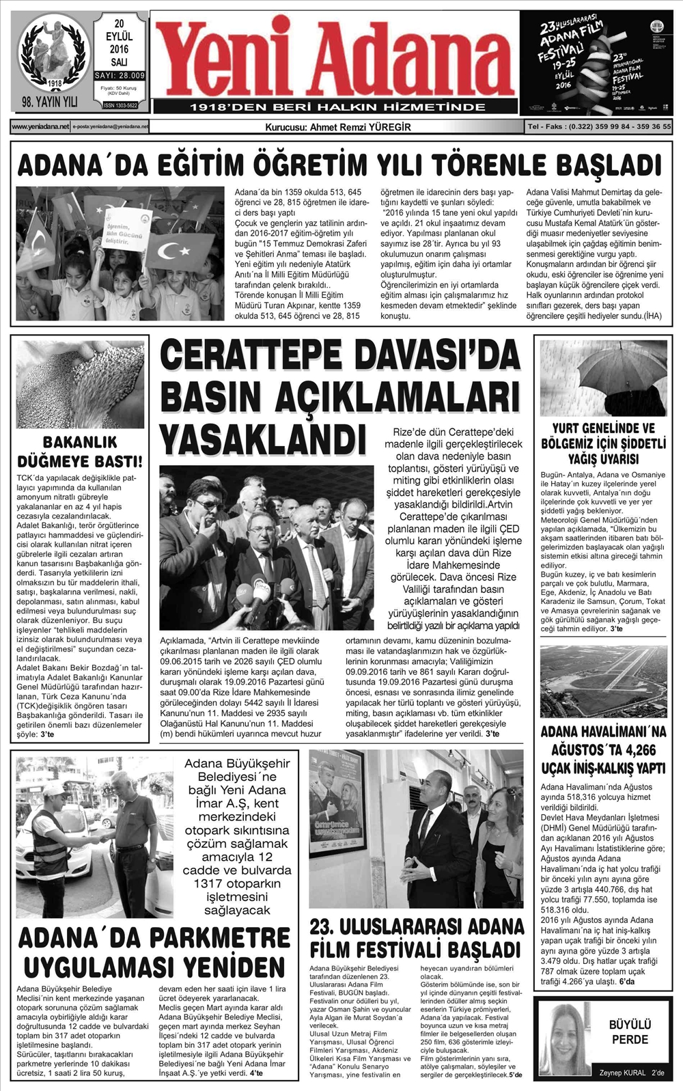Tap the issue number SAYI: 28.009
[120, 76]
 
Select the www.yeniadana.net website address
[40, 126]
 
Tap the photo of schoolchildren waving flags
[120, 253]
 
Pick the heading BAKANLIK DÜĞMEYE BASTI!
[80, 451]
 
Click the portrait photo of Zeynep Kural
[565, 1038]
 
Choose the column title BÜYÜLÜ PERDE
[630, 1032]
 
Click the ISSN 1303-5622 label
[120, 105]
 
